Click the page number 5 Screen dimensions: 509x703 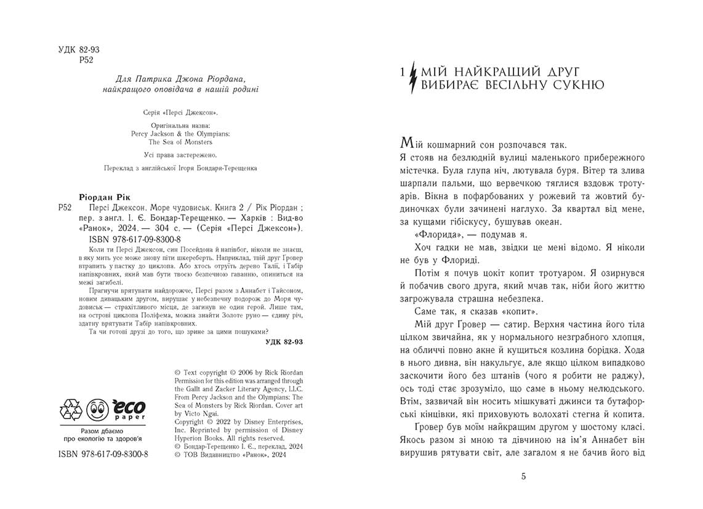523,476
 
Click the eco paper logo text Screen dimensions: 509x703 129,407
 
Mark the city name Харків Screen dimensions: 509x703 255,218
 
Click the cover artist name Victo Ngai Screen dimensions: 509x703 201,414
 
